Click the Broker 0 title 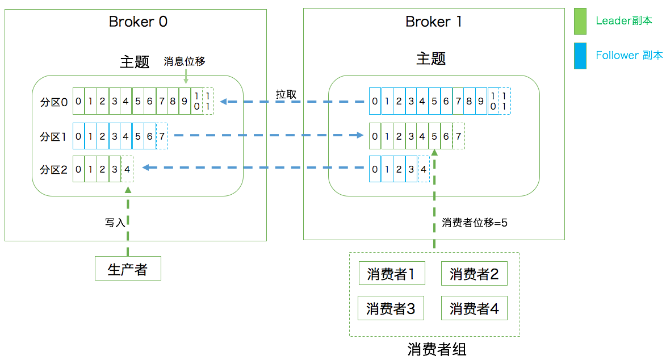point(138,22)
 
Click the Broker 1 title point(433,22)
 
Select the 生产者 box point(128,269)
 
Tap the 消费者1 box point(391,274)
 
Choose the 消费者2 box point(474,274)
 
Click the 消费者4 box point(474,308)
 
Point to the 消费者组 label point(437,349)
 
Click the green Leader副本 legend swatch point(580,22)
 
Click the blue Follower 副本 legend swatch point(580,56)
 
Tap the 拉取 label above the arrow point(286,94)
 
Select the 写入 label point(115,223)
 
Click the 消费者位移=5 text point(474,223)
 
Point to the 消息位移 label point(184,61)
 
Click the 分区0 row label point(54,102)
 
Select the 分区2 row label point(54,169)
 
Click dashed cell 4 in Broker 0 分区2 point(127,169)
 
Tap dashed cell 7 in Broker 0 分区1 point(162,136)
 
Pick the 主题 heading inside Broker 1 point(431,59)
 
